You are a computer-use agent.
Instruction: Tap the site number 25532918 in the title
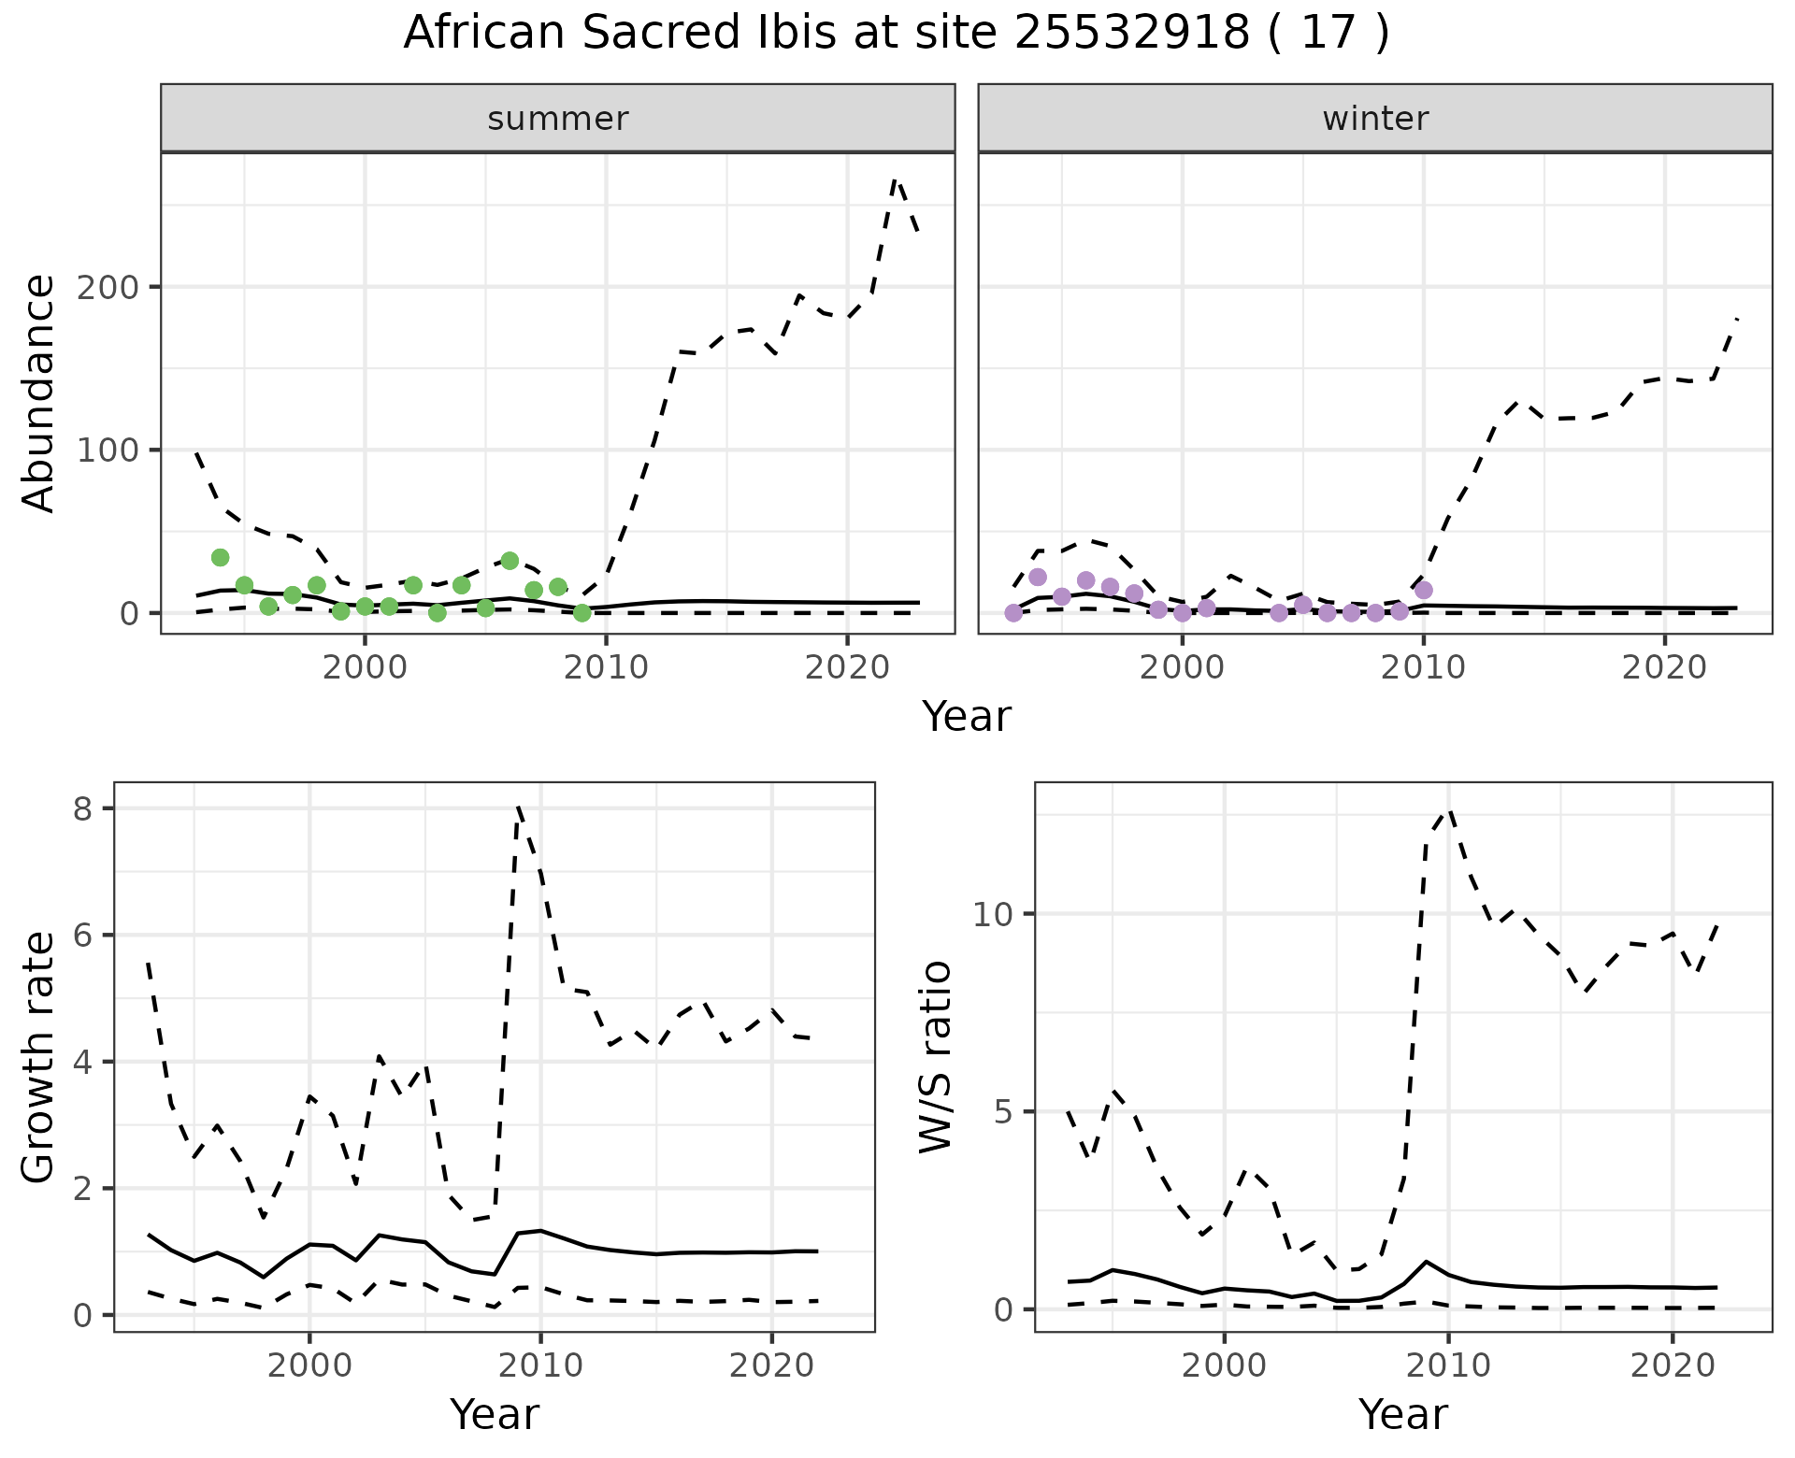pyautogui.click(x=1131, y=34)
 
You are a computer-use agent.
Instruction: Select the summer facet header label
pyautogui.click(x=558, y=119)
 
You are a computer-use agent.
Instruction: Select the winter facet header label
pyautogui.click(x=1375, y=119)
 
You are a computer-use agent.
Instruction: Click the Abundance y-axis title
pyautogui.click(x=39, y=393)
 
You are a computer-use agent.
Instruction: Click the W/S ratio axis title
pyautogui.click(x=935, y=1056)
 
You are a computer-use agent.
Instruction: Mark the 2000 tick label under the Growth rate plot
pyautogui.click(x=309, y=1365)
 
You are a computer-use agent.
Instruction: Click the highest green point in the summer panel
pyautogui.click(x=221, y=558)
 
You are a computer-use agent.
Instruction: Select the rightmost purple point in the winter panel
pyautogui.click(x=1424, y=590)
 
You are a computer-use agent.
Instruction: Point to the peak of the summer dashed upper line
pyautogui.click(x=895, y=179)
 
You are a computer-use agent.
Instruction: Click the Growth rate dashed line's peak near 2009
pyautogui.click(x=518, y=807)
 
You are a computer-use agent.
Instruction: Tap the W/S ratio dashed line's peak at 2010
pyautogui.click(x=1449, y=811)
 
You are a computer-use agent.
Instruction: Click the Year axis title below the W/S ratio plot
pyautogui.click(x=1403, y=1415)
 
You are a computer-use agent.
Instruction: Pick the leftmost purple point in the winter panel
pyautogui.click(x=1013, y=613)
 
